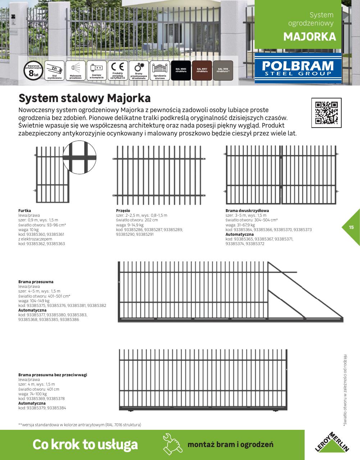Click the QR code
tap(326, 112)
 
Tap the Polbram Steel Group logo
tap(298, 68)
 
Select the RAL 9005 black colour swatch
tap(181, 70)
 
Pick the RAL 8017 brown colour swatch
tap(202, 70)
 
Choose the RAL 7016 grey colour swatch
tap(223, 70)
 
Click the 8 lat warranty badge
tap(33, 70)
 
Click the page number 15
tap(351, 227)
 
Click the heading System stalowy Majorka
tap(85, 98)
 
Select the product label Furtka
tap(24, 211)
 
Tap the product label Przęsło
tap(123, 211)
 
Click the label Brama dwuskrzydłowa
tap(247, 211)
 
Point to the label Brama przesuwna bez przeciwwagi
tap(53, 375)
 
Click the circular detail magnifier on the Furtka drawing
tap(79, 157)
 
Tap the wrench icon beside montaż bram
tap(172, 444)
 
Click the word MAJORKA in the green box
tap(309, 37)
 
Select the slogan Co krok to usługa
tap(85, 444)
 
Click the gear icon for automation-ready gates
tap(138, 68)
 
